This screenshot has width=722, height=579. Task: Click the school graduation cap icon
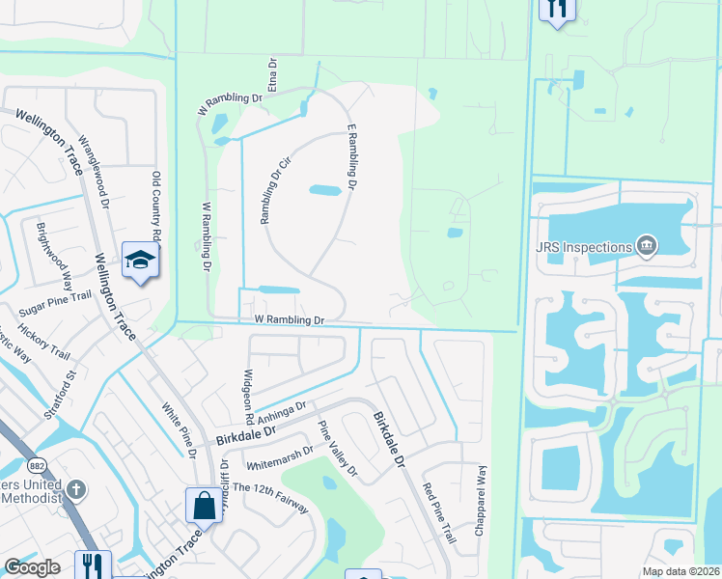pos(140,260)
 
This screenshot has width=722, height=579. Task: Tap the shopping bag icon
pos(204,503)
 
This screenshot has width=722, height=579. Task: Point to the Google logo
pos(32,568)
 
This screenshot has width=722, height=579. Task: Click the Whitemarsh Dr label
pos(280,456)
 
